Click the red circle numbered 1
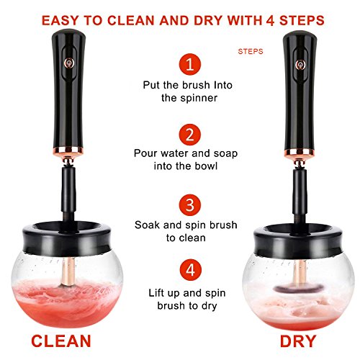(x=189, y=64)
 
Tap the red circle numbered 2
(x=189, y=135)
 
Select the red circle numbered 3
(x=189, y=205)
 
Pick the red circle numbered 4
(x=190, y=270)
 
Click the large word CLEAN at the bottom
(x=61, y=341)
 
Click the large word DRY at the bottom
(x=298, y=341)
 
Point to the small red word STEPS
(x=251, y=51)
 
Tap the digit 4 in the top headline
(x=270, y=21)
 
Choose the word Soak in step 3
(x=147, y=225)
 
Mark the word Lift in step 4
(x=156, y=293)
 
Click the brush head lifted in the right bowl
(x=298, y=288)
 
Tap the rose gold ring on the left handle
(x=68, y=150)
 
